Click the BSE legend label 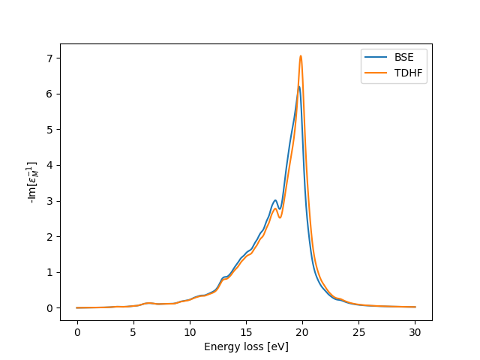coord(405,55)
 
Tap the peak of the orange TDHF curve coord(301,55)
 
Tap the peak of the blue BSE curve coord(298,86)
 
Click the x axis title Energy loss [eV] coord(246,346)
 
